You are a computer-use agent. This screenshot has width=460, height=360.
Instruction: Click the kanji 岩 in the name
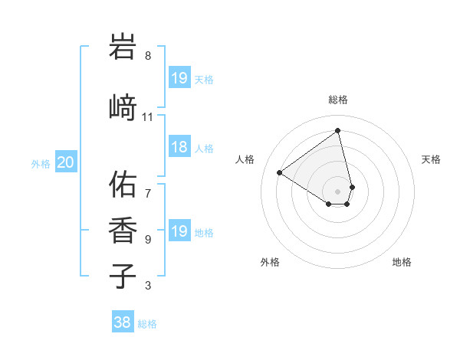[x=123, y=47]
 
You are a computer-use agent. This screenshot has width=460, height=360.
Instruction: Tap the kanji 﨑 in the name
[x=123, y=107]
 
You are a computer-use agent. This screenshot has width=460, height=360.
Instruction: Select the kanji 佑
[x=123, y=185]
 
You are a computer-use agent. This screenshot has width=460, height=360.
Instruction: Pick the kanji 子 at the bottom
[x=123, y=275]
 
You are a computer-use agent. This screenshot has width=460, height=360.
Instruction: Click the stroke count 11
[x=148, y=117]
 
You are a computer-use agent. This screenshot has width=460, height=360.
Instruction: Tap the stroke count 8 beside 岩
[x=148, y=56]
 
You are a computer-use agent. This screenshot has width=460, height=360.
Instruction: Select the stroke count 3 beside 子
[x=148, y=286]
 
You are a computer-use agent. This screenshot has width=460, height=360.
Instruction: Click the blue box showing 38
[x=123, y=322]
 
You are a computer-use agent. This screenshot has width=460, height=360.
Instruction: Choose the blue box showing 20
[x=66, y=162]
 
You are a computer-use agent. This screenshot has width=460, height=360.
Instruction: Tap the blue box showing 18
[x=179, y=147]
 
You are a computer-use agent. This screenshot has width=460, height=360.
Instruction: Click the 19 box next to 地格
[x=179, y=231]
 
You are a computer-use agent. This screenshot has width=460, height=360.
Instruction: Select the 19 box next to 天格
[x=179, y=78]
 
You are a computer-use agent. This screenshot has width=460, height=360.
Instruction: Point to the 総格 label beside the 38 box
[x=147, y=324]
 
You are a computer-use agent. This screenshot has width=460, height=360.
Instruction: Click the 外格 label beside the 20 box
[x=41, y=163]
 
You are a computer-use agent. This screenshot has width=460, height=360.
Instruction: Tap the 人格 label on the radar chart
[x=245, y=159]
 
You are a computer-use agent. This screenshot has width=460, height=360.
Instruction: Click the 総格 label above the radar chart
[x=338, y=100]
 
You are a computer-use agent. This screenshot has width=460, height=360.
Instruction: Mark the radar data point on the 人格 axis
[x=280, y=173]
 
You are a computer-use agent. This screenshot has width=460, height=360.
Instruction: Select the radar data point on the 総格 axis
[x=338, y=130]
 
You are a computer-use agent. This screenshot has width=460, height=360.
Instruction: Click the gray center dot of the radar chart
[x=338, y=191]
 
